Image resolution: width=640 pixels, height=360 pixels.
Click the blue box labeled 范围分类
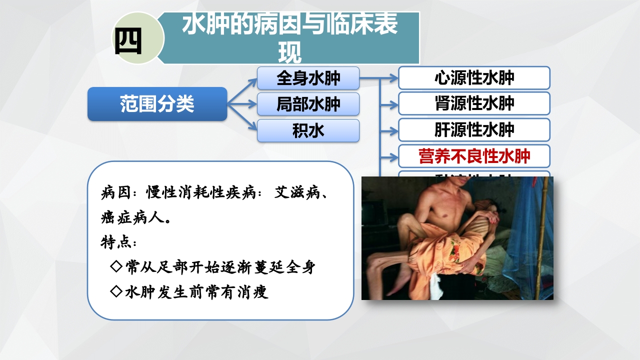pyautogui.click(x=157, y=104)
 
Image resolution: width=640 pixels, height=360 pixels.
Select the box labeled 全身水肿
pyautogui.click(x=308, y=78)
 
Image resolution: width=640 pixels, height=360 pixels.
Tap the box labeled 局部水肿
pyautogui.click(x=308, y=104)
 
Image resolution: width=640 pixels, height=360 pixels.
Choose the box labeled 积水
pyautogui.click(x=308, y=130)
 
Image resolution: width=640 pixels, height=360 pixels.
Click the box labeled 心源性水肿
pyautogui.click(x=474, y=78)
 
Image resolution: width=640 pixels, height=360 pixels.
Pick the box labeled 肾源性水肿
pyautogui.click(x=474, y=104)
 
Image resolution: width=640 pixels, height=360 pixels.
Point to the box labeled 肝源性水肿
pyautogui.click(x=474, y=130)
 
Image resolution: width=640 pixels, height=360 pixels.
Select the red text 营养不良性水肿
pyautogui.click(x=474, y=156)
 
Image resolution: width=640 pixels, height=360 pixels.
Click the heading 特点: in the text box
pyautogui.click(x=118, y=242)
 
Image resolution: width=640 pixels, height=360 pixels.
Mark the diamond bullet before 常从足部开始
pyautogui.click(x=116, y=267)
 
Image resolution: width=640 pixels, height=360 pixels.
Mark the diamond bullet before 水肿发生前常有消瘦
pyautogui.click(x=116, y=291)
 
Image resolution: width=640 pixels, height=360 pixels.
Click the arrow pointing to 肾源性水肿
pyautogui.click(x=389, y=104)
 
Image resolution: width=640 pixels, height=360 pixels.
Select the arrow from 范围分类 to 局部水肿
pyautogui.click(x=242, y=104)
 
